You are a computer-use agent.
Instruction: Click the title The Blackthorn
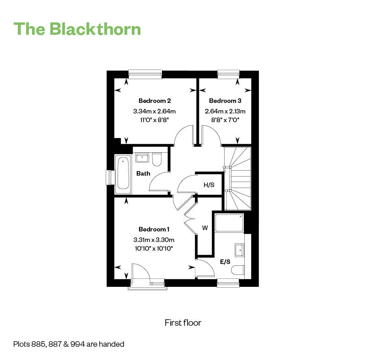pos(77,28)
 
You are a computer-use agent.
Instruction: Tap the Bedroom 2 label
pos(155,101)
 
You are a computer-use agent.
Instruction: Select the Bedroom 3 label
pos(225,101)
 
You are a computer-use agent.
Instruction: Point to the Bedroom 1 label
pos(154,229)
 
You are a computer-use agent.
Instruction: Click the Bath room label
pos(143,173)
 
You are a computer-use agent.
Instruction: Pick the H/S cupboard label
pos(209,185)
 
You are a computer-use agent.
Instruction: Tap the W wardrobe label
pos(205,227)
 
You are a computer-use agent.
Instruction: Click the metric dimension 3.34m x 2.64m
pos(155,111)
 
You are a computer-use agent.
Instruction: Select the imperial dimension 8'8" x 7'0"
pos(225,120)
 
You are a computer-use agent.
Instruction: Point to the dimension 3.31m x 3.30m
pos(154,240)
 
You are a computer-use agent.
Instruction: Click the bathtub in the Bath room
pos(123,173)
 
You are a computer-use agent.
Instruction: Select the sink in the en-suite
pos(240,250)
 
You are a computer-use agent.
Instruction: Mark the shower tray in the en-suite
pos(229,222)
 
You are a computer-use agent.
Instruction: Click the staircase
pos(237,178)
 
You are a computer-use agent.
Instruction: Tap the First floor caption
pos(183,322)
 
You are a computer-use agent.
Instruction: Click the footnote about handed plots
pos(69,344)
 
